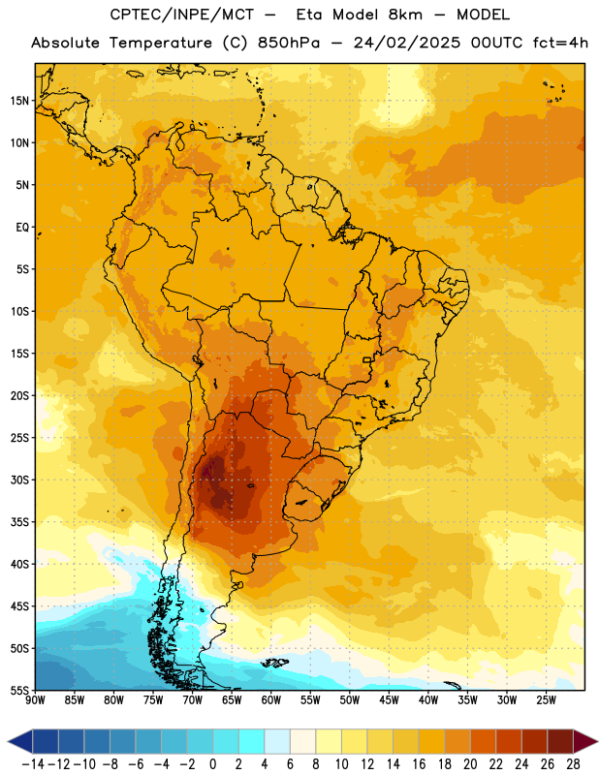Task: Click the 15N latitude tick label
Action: point(19,101)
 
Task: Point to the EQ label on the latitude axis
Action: point(22,228)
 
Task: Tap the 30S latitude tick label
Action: point(19,480)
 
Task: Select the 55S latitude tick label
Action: point(19,691)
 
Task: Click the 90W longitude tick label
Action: point(35,700)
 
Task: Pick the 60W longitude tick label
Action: point(271,700)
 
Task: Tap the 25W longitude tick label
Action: point(546,700)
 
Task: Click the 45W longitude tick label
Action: point(389,700)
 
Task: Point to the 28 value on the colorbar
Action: point(573,764)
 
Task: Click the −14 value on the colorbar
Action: point(33,764)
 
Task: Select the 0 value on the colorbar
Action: point(212,764)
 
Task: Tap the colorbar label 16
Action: point(419,764)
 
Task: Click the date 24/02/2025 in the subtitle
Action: point(406,43)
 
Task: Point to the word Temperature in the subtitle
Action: point(160,43)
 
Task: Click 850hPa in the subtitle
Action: point(289,43)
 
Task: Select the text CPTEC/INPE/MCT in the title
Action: point(182,15)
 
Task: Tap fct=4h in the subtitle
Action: point(560,43)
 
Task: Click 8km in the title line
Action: point(405,15)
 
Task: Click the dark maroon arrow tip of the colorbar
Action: point(585,741)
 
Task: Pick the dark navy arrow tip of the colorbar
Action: point(19,741)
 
